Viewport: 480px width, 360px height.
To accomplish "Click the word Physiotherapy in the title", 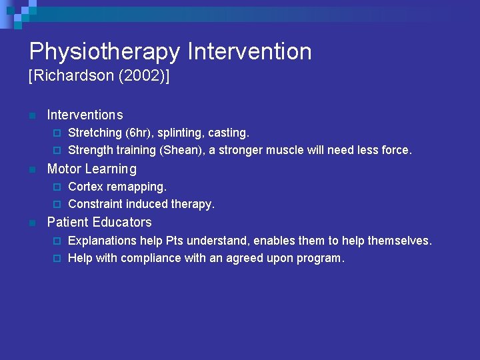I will point(104,52).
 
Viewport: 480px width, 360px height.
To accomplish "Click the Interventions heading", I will point(85,115).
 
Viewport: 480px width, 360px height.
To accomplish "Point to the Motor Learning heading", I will point(91,169).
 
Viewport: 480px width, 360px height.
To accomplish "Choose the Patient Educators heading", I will point(99,222).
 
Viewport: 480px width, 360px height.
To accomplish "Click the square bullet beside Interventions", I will point(31,116).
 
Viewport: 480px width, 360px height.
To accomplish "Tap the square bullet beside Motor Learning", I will point(31,169).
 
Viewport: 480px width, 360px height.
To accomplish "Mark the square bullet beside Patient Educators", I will point(31,223).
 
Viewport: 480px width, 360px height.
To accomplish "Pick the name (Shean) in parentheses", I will point(181,151).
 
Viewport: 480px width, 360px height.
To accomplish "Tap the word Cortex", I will point(85,187).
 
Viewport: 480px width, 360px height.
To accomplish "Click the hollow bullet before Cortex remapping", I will point(57,187).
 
